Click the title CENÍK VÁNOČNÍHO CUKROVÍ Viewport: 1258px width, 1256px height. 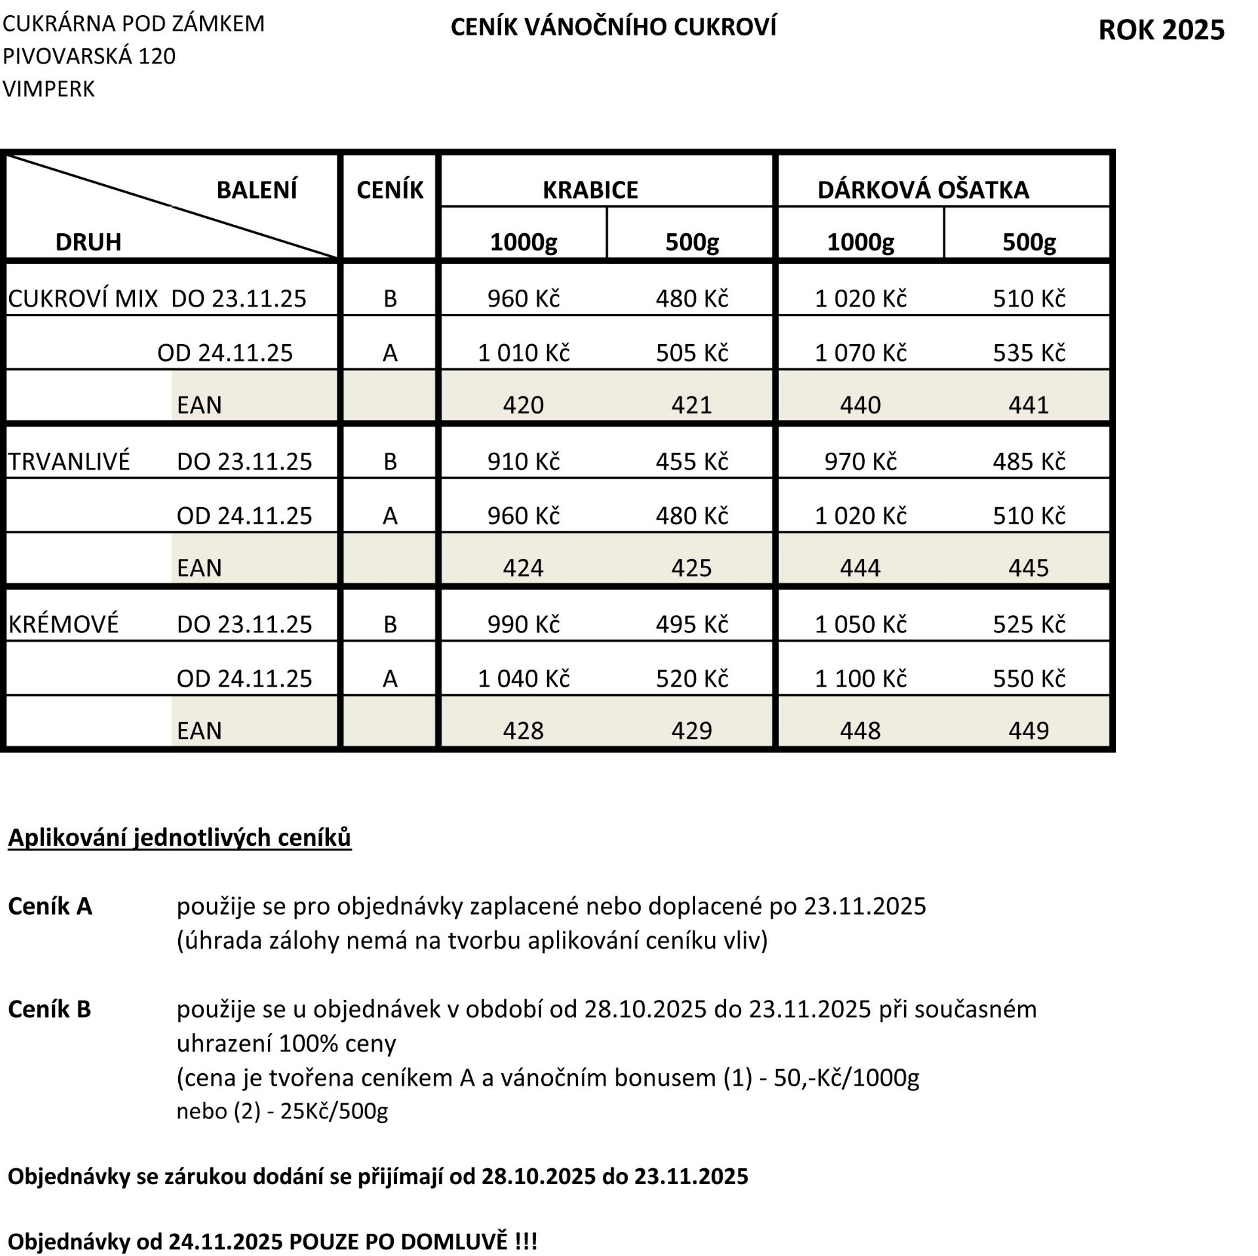pyautogui.click(x=613, y=28)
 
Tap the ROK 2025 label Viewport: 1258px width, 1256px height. pyautogui.click(x=1160, y=30)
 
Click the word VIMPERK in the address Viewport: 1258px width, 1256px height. pyautogui.click(x=49, y=89)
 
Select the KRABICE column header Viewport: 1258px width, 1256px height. pyautogui.click(x=590, y=190)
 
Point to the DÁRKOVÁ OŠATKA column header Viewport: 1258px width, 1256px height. pyautogui.click(x=923, y=190)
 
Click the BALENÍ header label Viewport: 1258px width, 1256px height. pyautogui.click(x=256, y=190)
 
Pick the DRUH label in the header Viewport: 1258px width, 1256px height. pyautogui.click(x=88, y=242)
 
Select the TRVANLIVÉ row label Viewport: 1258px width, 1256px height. pyautogui.click(x=69, y=461)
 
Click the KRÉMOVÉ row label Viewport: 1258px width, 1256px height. pyautogui.click(x=64, y=624)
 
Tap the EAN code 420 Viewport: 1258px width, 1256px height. pyautogui.click(x=523, y=405)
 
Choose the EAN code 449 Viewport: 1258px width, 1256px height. pyautogui.click(x=1028, y=730)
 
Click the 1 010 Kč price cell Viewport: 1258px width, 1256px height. pyautogui.click(x=523, y=353)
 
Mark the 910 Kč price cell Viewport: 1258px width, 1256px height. pyautogui.click(x=523, y=461)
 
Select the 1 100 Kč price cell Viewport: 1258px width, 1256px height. pyautogui.click(x=860, y=678)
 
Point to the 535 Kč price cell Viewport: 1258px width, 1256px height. pyautogui.click(x=1028, y=353)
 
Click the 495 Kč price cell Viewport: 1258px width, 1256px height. pyautogui.click(x=691, y=624)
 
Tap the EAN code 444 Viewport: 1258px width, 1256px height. pyautogui.click(x=860, y=567)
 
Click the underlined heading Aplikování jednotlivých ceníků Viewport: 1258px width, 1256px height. pyautogui.click(x=180, y=837)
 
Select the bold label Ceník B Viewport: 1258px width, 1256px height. pyautogui.click(x=49, y=1009)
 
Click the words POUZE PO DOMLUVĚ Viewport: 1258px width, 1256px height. pyautogui.click(x=398, y=1241)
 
